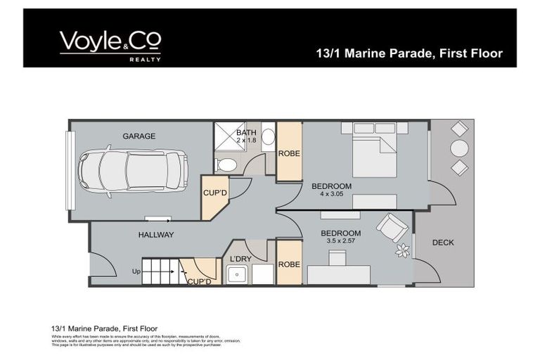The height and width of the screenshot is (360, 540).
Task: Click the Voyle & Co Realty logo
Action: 110,46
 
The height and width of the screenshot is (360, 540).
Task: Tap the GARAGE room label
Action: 139,136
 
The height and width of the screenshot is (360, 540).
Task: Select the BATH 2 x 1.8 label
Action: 247,136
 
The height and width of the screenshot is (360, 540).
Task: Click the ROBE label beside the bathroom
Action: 289,153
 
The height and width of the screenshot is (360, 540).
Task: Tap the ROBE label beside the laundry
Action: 289,264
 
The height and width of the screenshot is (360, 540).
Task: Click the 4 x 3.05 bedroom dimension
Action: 332,194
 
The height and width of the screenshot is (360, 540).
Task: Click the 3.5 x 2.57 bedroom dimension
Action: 341,241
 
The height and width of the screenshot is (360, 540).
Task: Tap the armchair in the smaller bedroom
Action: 390,227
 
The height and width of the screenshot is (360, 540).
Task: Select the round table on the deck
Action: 459,148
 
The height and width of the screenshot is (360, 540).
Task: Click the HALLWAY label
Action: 155,235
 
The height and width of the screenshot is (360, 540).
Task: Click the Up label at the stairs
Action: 136,271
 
